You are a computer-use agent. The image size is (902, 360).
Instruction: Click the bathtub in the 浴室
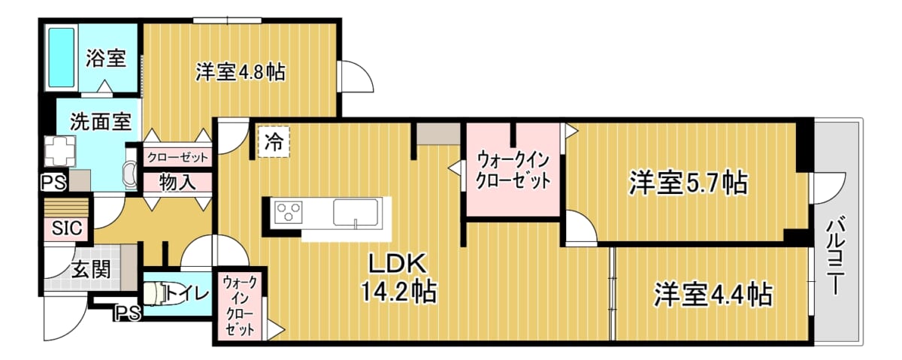point(62,59)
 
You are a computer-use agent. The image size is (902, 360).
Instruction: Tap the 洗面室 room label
point(101,122)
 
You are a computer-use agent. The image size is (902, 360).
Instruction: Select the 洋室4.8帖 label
point(241,73)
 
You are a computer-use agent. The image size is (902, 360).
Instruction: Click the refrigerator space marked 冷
point(274,142)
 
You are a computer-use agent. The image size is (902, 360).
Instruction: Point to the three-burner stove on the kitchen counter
point(289,212)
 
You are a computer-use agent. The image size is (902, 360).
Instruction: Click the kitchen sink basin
point(356,212)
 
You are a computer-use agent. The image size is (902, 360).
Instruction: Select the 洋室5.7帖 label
point(689,183)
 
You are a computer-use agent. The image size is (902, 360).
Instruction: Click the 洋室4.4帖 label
point(713,295)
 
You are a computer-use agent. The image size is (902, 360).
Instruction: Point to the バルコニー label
point(835,256)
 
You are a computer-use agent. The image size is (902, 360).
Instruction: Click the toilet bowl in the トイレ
point(155,293)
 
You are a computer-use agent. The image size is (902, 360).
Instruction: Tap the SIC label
point(67,228)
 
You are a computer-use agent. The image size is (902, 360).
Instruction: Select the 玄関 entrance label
point(91,270)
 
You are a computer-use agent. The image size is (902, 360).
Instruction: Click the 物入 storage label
point(177,183)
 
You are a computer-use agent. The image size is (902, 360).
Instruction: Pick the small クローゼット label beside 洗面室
point(177,157)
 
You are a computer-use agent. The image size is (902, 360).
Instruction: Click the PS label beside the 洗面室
point(53,183)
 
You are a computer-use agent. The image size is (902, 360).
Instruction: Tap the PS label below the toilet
point(128,313)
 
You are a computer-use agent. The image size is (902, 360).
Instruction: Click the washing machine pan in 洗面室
point(60,151)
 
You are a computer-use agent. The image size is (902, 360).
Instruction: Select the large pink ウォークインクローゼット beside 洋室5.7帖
point(513,170)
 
